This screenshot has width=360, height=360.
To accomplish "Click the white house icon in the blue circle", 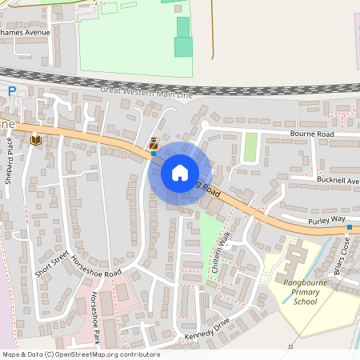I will [x=180, y=173].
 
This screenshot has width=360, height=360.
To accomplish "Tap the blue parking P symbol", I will [x=12, y=91].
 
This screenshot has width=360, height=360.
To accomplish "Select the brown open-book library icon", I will [x=35, y=140].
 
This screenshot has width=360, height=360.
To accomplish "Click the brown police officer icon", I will [x=153, y=142].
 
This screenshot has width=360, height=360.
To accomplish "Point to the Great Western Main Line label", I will [x=147, y=93].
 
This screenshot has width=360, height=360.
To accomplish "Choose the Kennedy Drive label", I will [x=207, y=329].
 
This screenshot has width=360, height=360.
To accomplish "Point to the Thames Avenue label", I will [x=26, y=33].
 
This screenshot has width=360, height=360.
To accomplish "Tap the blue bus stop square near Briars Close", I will [x=350, y=227].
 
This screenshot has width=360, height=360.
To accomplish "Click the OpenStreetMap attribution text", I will [x=81, y=354].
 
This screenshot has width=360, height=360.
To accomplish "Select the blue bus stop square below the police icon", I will [x=153, y=153].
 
